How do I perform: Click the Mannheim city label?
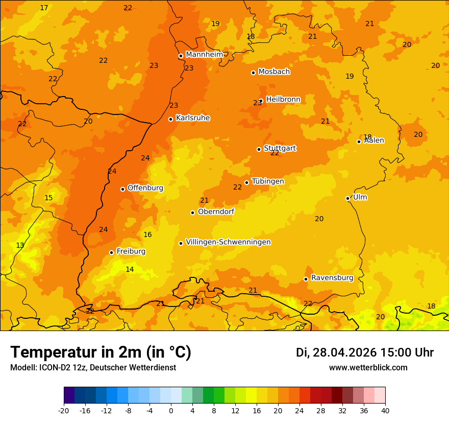click(204, 55)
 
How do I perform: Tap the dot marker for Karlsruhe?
click(170, 119)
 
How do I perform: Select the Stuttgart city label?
click(280, 148)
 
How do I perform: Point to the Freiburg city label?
click(131, 251)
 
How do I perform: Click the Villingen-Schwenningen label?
click(228, 242)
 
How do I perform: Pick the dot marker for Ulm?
click(347, 198)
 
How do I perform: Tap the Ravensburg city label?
click(332, 278)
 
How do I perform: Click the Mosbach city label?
click(274, 72)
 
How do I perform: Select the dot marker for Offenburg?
click(122, 189)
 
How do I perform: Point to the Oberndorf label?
click(216, 211)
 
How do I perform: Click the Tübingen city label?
click(267, 181)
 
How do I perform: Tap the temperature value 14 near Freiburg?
click(130, 269)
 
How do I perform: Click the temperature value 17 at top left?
click(44, 8)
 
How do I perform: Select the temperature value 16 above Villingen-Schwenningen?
click(147, 234)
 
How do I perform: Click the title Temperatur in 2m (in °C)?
click(101, 352)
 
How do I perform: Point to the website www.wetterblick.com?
click(368, 368)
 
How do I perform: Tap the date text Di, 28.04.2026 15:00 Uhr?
click(364, 352)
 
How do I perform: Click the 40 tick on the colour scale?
click(385, 411)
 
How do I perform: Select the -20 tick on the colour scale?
click(63, 411)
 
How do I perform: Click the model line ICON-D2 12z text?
click(93, 368)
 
